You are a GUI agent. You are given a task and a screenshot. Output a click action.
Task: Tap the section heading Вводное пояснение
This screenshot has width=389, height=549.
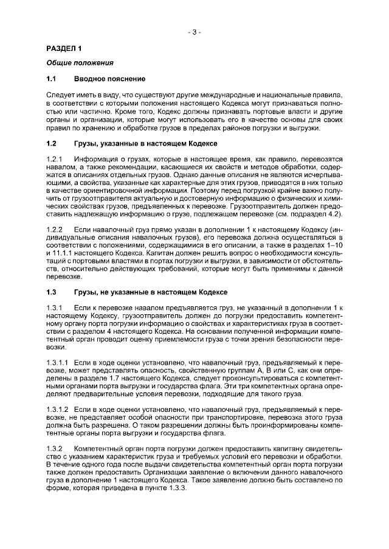[109, 79]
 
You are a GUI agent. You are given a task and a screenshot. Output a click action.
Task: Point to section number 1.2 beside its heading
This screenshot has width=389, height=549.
[52, 143]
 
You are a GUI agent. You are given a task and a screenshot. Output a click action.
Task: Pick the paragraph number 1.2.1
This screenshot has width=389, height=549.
[55, 159]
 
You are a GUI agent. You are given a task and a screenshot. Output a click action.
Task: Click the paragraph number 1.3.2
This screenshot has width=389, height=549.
[55, 448]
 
